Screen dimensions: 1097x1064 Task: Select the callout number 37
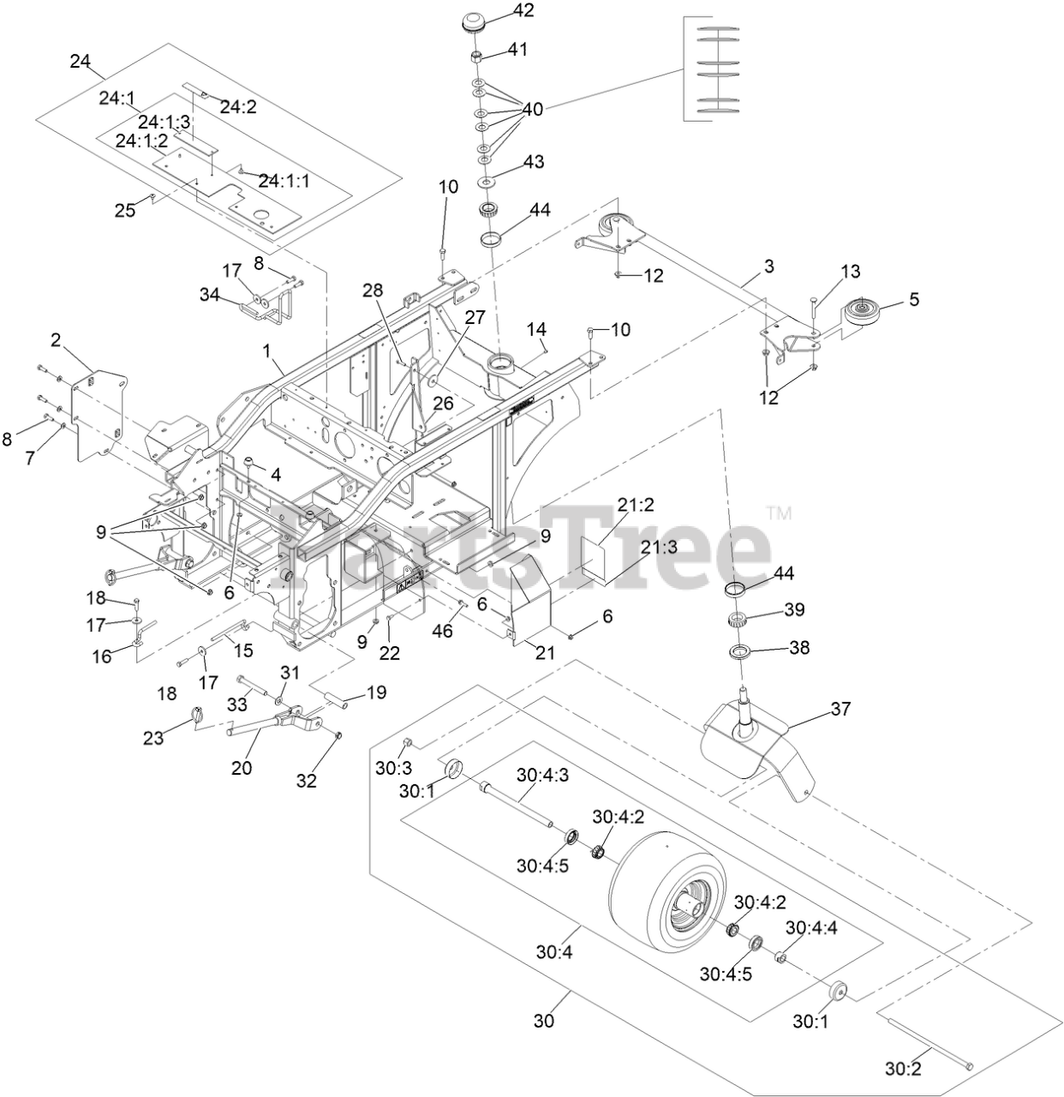coord(842,709)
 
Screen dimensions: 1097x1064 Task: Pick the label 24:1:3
coord(164,122)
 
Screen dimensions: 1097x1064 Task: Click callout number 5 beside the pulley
coord(914,299)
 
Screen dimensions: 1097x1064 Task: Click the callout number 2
coord(56,340)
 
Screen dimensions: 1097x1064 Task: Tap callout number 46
coord(443,632)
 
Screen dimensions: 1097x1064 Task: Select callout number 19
coord(376,692)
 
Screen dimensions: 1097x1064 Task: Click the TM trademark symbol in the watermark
coord(779,514)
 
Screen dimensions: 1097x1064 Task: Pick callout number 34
coord(210,296)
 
